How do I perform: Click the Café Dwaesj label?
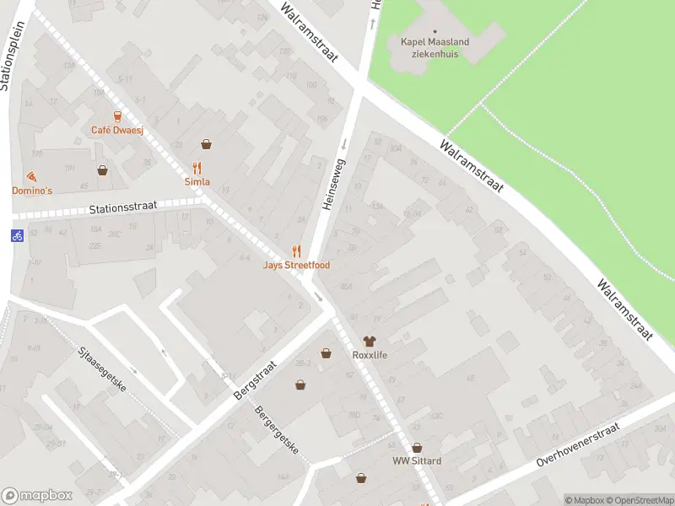coord(117,130)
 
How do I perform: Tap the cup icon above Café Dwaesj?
coord(117,116)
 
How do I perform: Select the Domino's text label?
coord(32,191)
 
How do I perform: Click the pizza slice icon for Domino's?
coord(32,176)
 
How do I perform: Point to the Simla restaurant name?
coord(197,181)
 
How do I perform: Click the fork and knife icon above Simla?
coord(197,167)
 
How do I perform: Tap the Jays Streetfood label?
coord(295,265)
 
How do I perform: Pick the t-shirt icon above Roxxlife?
coord(369,341)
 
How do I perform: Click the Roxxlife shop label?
coord(369,355)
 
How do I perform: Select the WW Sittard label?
coord(416,461)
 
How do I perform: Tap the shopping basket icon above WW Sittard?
coord(416,448)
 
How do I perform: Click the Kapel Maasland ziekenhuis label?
coord(435,47)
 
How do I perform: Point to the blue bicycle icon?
coord(17,236)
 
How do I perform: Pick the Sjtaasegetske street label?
coord(101,372)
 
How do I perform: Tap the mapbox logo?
coord(37,496)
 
